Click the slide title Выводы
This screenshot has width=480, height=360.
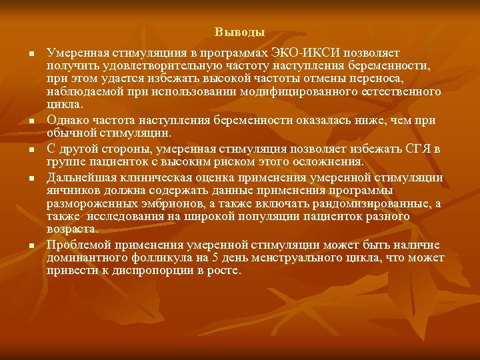239,31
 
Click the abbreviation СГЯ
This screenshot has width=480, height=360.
411,149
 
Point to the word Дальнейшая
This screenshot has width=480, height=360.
79,177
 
